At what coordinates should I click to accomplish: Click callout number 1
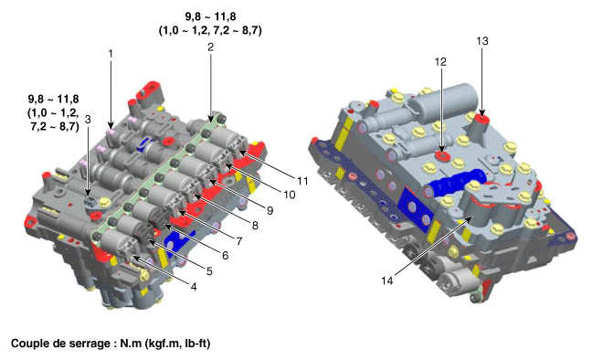click(111, 54)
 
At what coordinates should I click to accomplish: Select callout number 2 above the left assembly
click(210, 47)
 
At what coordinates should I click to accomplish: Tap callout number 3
click(88, 119)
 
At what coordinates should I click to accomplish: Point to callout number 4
click(194, 287)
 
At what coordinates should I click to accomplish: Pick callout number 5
click(209, 271)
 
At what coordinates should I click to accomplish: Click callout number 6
click(225, 256)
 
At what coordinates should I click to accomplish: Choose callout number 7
click(239, 241)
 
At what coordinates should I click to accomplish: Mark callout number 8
click(255, 226)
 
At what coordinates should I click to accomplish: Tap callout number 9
click(270, 210)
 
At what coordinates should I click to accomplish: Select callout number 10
click(290, 195)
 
